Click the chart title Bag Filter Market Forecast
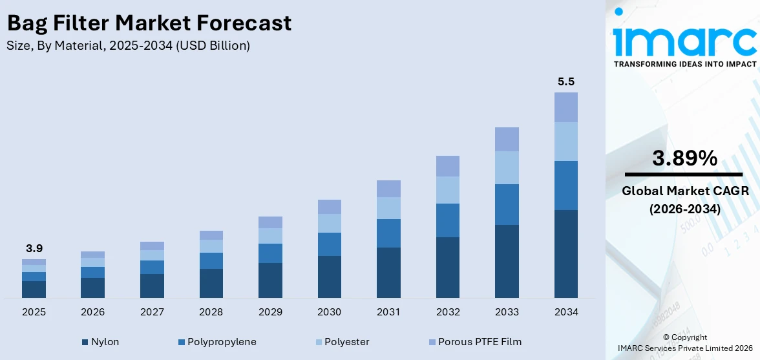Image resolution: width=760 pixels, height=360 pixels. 149,23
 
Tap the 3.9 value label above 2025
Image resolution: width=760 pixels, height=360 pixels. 34,248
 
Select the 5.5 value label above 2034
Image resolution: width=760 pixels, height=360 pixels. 566,82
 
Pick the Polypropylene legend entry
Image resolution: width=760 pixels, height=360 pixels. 216,341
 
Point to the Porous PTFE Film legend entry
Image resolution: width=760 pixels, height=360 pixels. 474,341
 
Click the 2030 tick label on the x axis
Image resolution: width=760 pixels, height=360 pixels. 330,312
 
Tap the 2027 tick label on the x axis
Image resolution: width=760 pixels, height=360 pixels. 152,312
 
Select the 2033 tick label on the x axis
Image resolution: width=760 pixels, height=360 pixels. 507,312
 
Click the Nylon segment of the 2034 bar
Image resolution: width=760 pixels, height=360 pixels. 566,253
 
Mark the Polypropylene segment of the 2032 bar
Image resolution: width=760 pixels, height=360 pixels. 448,220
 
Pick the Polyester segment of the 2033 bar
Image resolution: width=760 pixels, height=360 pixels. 507,167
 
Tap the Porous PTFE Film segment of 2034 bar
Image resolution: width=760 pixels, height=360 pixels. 566,107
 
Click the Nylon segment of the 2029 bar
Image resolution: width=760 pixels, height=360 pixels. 270,280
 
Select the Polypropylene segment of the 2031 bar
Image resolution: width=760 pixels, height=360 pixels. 388,233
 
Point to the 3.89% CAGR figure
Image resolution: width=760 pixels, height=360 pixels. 684,158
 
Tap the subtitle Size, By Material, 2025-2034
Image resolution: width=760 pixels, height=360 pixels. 128,46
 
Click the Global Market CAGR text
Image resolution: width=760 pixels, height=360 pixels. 684,191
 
